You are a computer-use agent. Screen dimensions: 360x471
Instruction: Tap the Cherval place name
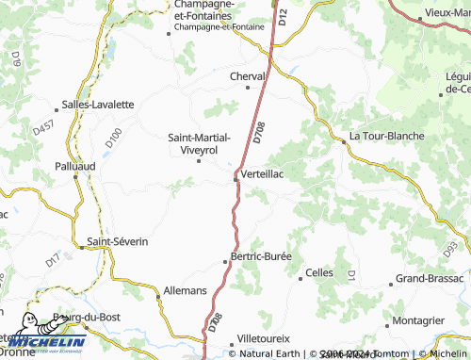click(250, 76)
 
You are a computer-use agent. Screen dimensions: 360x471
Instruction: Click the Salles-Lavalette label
click(97, 104)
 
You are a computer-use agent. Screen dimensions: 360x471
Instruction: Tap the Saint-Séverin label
click(118, 241)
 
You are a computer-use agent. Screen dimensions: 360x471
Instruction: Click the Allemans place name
click(185, 291)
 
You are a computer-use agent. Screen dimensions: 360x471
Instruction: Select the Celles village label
click(319, 274)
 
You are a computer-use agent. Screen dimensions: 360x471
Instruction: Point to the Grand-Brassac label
click(429, 279)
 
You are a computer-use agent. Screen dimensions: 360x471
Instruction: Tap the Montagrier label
click(418, 320)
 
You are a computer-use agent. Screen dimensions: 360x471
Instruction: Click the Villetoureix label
click(264, 337)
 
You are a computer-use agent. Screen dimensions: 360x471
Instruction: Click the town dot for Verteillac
click(235, 173)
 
